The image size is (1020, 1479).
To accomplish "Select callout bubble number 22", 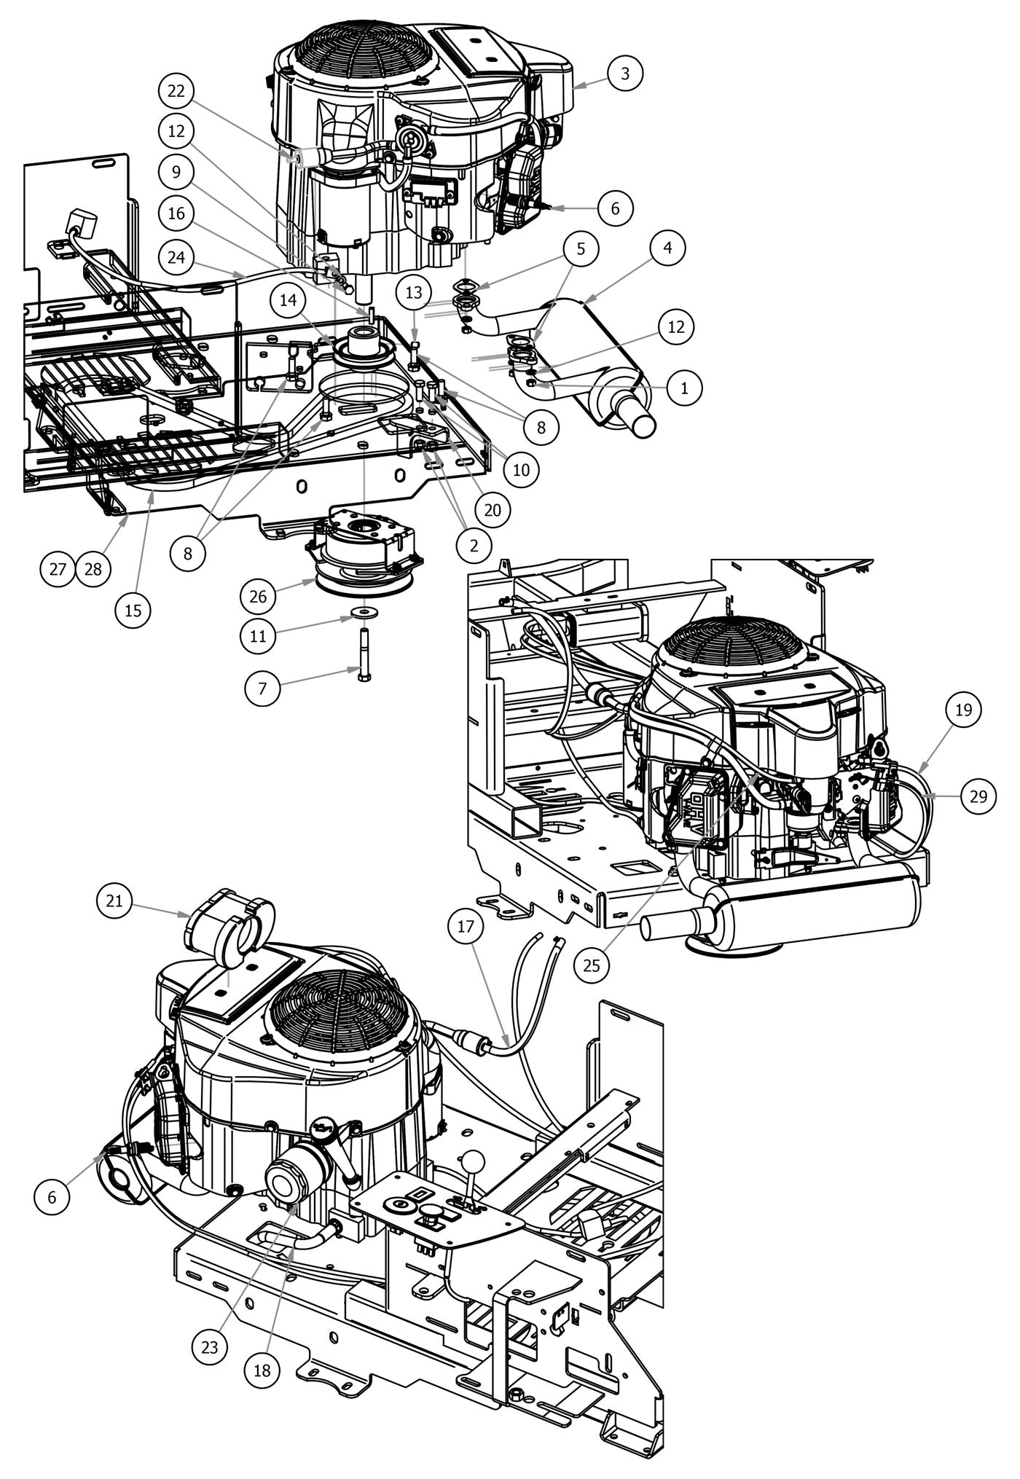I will click(x=177, y=92).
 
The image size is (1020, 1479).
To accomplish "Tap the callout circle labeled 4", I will click(x=667, y=248).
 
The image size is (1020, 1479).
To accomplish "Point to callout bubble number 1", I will click(x=684, y=388).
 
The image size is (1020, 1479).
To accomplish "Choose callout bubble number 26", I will click(x=259, y=597).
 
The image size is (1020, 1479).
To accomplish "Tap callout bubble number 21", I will click(x=114, y=901).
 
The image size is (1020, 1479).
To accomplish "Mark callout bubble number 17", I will click(x=466, y=927).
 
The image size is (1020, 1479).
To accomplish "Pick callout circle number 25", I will click(x=592, y=965).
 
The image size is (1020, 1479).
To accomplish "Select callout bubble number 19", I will click(x=963, y=710).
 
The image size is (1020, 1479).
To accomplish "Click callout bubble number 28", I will click(x=93, y=569).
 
